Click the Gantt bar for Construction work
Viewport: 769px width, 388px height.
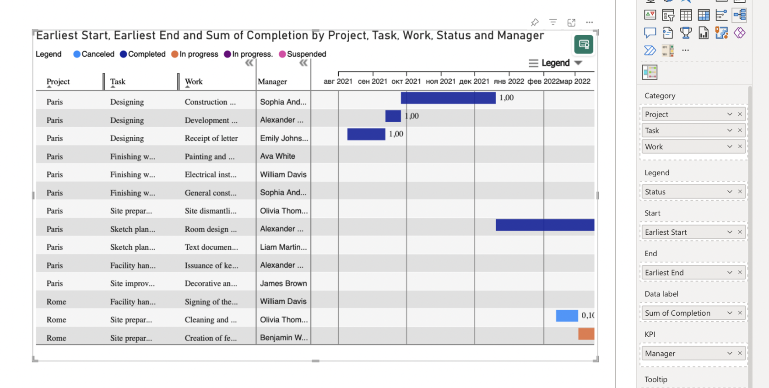coord(448,98)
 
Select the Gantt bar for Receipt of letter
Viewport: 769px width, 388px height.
coord(366,134)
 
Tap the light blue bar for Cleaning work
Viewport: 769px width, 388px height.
coord(567,316)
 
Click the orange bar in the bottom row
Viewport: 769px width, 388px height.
coord(586,334)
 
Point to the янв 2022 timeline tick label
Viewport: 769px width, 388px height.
coord(509,81)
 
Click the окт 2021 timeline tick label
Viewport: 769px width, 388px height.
coord(406,81)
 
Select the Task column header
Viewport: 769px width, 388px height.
coord(118,81)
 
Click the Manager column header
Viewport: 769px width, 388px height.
coord(272,81)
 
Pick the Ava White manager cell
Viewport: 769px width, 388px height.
coord(277,156)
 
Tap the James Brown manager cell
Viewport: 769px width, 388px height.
coord(283,283)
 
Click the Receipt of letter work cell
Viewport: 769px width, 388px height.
coord(211,138)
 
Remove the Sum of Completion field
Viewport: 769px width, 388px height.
coord(740,313)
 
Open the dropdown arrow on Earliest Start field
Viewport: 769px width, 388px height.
coord(730,232)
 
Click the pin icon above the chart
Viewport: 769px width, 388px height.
coord(535,22)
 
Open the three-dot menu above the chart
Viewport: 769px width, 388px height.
coord(590,22)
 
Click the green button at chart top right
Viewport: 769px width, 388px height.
coord(584,44)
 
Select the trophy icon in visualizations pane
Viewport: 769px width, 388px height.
coord(686,33)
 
